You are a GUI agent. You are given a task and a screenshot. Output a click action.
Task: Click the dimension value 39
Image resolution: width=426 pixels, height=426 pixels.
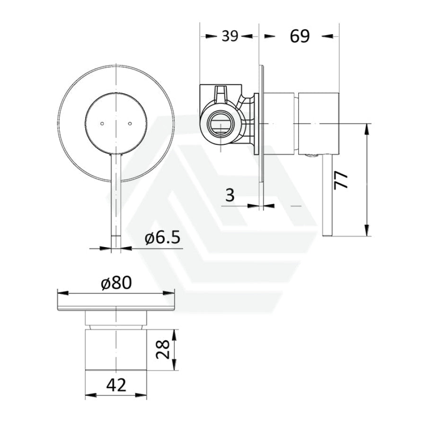(x=230, y=36)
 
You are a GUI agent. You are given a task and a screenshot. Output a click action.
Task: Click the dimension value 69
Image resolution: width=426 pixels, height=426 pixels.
(x=300, y=36)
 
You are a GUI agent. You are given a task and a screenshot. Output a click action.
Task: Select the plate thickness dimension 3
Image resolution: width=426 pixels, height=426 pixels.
(x=230, y=195)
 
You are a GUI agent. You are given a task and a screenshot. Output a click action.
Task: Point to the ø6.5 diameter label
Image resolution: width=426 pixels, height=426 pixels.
(x=162, y=238)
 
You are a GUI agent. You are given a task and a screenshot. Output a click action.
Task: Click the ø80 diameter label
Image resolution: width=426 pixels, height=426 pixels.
(x=115, y=283)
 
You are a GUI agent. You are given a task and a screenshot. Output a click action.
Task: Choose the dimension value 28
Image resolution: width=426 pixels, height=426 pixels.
(x=161, y=349)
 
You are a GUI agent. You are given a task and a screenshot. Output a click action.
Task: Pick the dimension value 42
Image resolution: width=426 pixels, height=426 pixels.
(x=116, y=385)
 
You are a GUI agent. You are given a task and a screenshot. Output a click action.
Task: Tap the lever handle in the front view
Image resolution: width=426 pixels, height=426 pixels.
(x=115, y=199)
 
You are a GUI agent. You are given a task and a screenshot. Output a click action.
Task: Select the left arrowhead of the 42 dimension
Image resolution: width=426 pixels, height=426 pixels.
(x=89, y=394)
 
